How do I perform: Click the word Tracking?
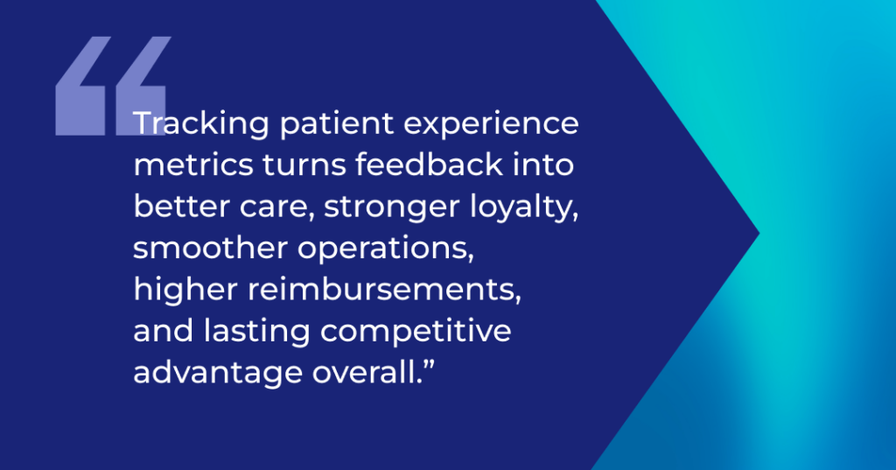tap(200, 124)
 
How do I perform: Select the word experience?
tap(492, 124)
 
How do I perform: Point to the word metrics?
tap(193, 165)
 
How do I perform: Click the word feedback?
tap(429, 164)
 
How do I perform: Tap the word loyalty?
tap(524, 207)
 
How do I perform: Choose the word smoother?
tap(210, 248)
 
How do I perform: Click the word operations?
tap(386, 249)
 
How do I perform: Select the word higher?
tap(185, 290)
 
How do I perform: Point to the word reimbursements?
tap(384, 290)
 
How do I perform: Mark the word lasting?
tap(257, 332)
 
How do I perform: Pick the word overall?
tap(365, 373)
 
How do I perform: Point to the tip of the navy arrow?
tap(759, 234)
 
